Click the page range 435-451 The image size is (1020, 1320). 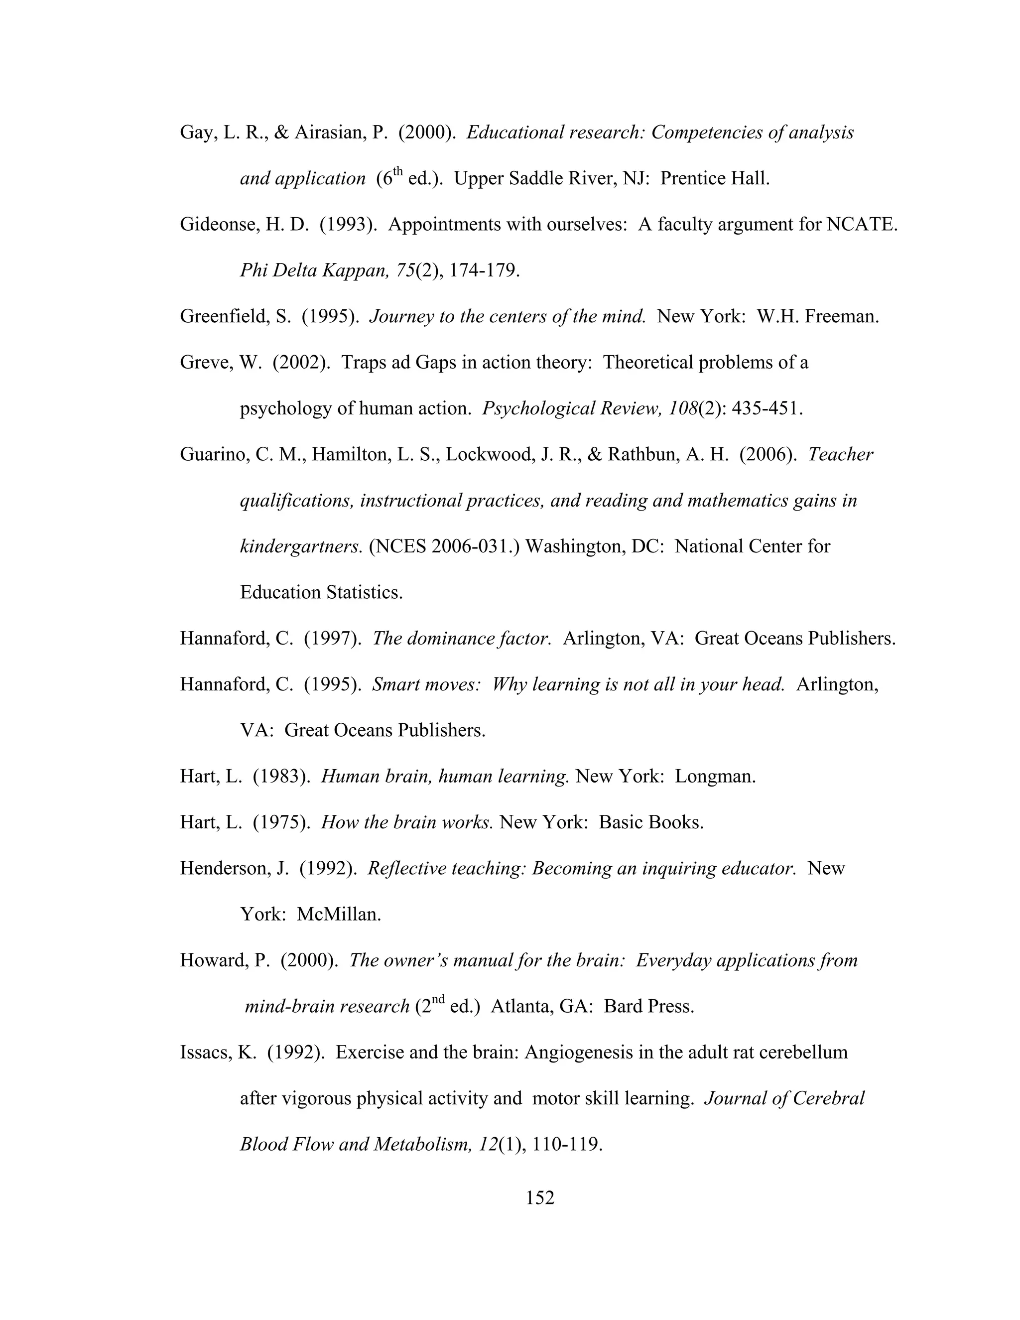coord(767,408)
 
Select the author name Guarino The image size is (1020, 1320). coord(213,454)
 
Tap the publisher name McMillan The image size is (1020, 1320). coord(338,915)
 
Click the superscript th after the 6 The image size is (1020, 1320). coord(397,172)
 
